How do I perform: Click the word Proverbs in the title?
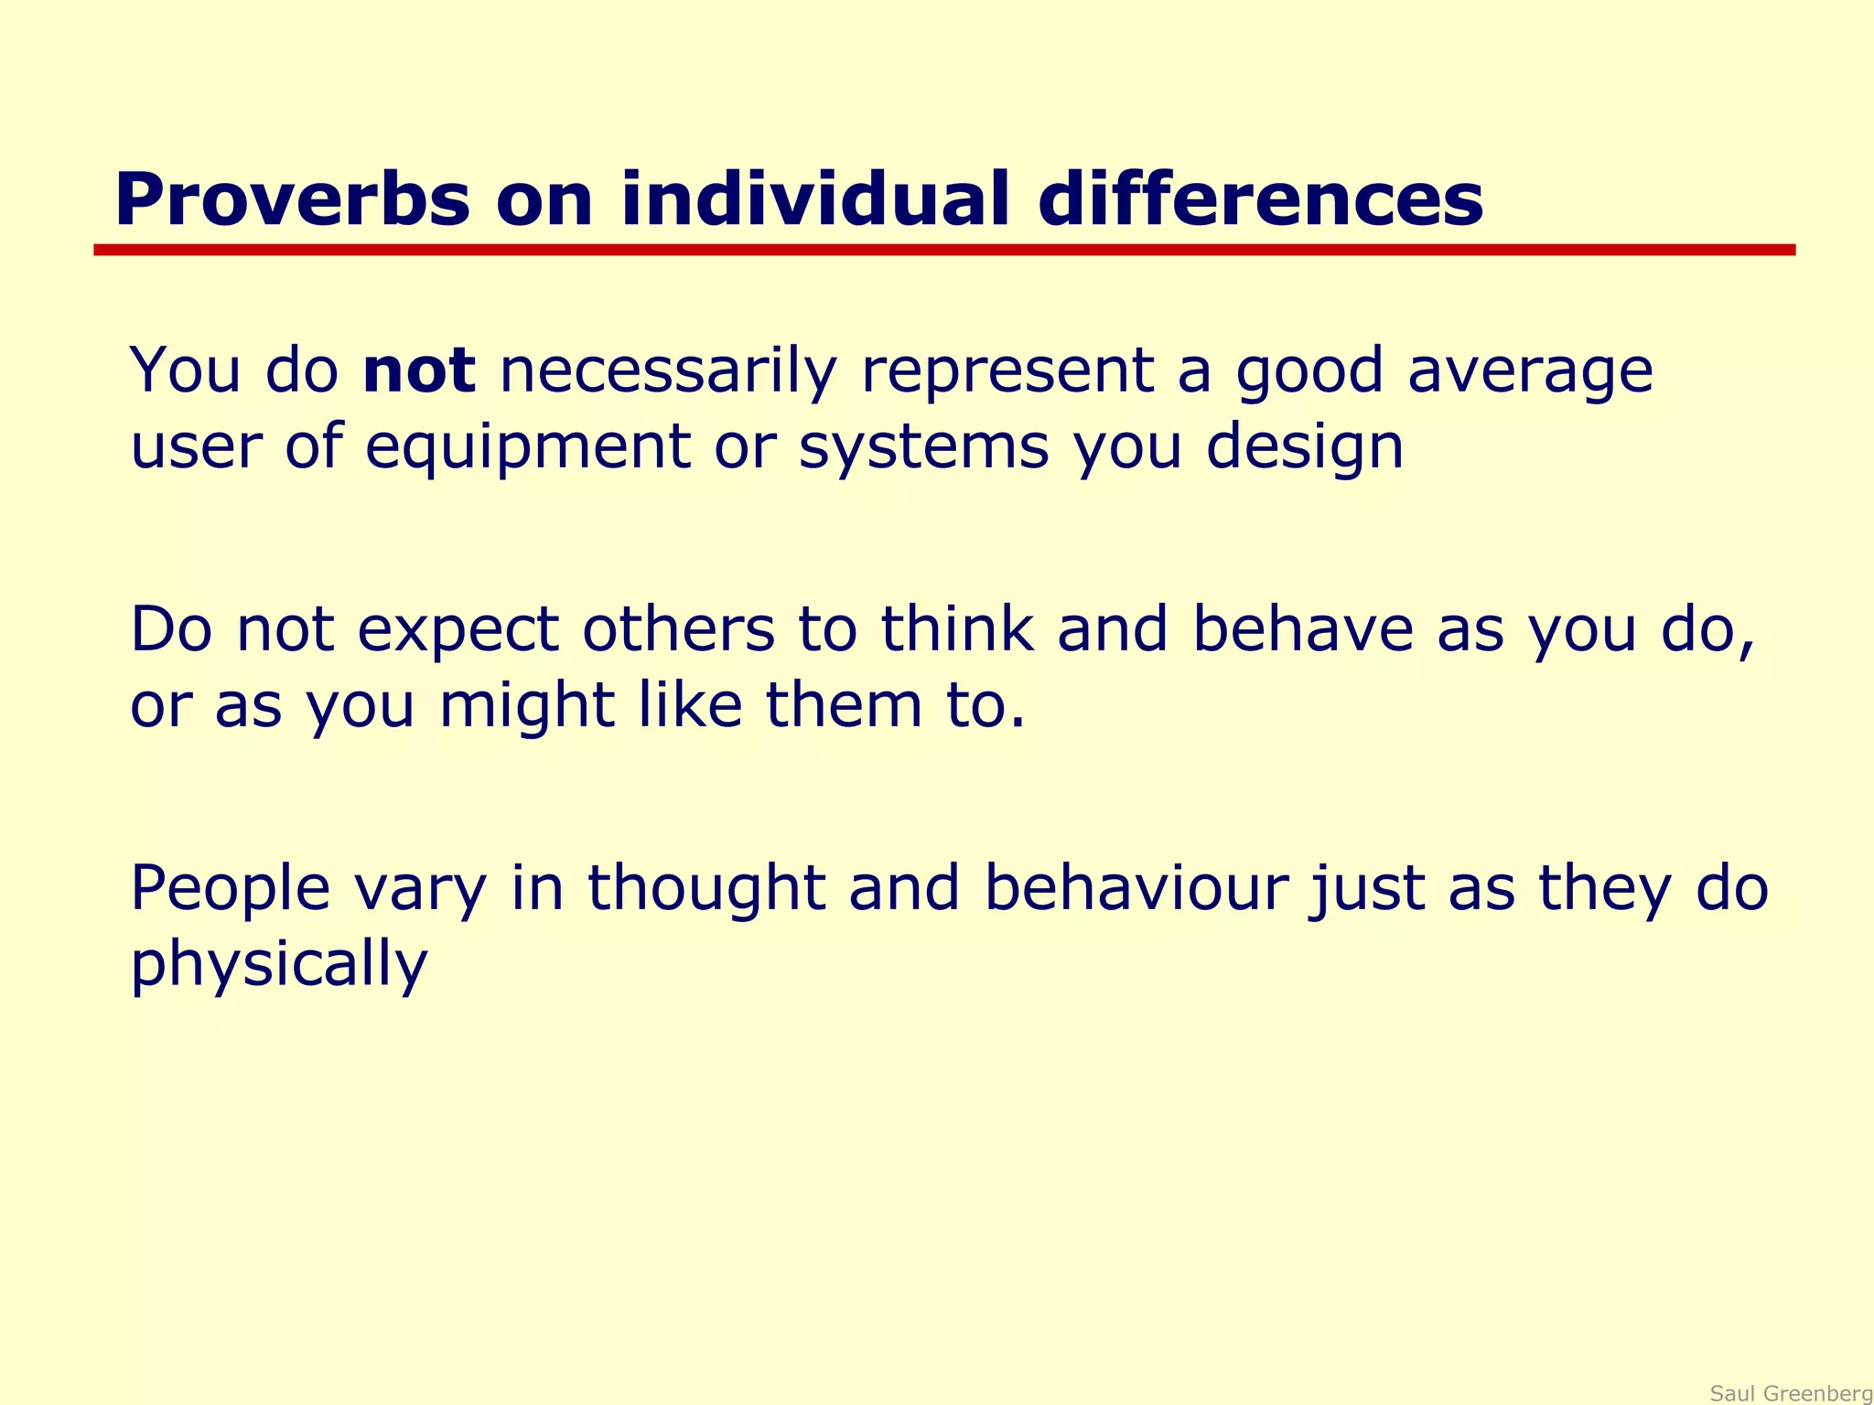coord(291,200)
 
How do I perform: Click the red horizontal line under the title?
coord(942,250)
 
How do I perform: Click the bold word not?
coord(418,370)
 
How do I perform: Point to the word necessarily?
coord(668,372)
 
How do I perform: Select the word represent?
coord(1007,372)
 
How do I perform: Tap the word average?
coord(1530,372)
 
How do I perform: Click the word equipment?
coord(527,448)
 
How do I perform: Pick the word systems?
coord(923,448)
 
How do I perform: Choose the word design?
coord(1303,448)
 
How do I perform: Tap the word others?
coord(678,629)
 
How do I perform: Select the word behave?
coord(1302,629)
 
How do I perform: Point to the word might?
coord(526,706)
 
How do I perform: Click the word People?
coord(230,889)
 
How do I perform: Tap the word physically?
coord(279,965)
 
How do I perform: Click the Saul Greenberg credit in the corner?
coord(1791,1393)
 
